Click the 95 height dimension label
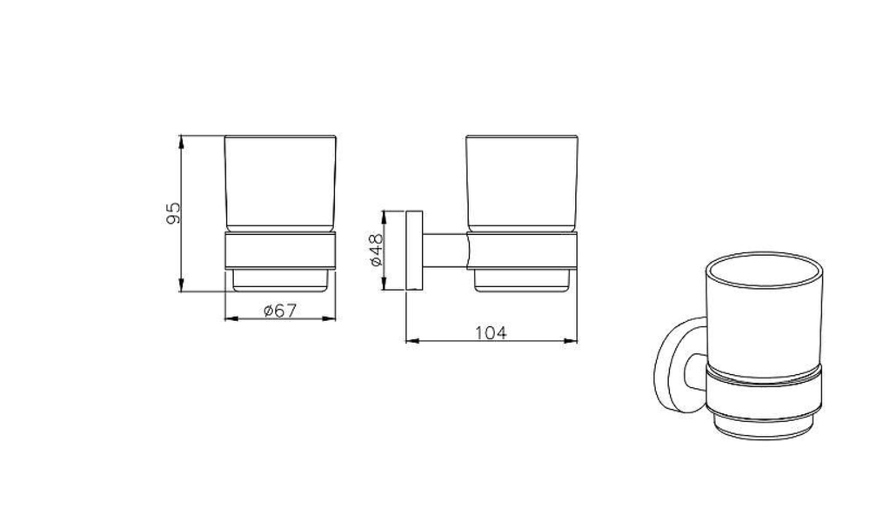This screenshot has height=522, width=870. point(174,213)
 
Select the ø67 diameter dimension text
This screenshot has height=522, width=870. point(280,311)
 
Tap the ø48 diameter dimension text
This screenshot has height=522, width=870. point(376,250)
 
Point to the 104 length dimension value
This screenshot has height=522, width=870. point(491,333)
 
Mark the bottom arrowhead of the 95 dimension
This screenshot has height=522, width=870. point(182,285)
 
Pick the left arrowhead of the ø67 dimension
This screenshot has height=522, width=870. point(231,318)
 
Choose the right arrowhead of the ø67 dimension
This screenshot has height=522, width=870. point(330,318)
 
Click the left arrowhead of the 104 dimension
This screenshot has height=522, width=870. point(412,341)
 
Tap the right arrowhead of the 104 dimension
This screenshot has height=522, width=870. point(571,341)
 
